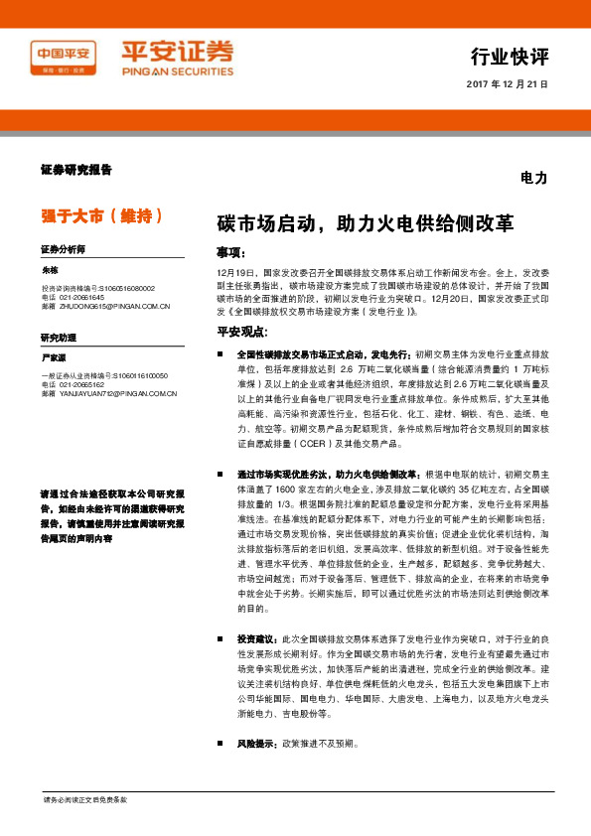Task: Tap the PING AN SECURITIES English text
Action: (x=178, y=71)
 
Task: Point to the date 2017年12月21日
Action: (x=507, y=84)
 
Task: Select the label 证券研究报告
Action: (x=75, y=170)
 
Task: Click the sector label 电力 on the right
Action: (x=533, y=178)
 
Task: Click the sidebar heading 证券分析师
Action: (x=64, y=249)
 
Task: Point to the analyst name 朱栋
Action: (x=51, y=270)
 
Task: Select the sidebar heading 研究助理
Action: (x=59, y=338)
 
